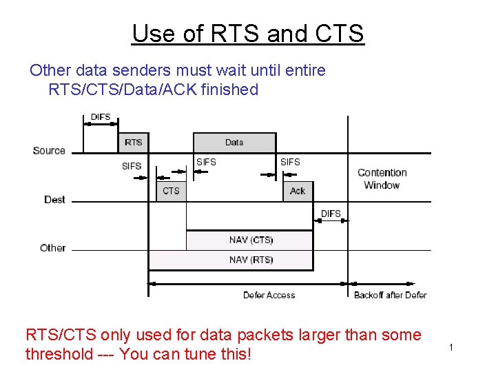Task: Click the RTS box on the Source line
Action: (x=134, y=143)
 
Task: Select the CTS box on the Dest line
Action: (x=171, y=191)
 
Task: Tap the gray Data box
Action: (x=234, y=143)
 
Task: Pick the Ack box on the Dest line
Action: (x=298, y=191)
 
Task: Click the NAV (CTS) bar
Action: (x=251, y=240)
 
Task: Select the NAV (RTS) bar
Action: (x=251, y=260)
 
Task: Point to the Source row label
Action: (x=49, y=150)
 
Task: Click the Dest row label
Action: (x=54, y=199)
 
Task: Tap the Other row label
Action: (x=53, y=247)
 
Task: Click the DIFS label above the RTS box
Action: (x=101, y=117)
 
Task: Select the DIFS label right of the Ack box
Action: (x=331, y=214)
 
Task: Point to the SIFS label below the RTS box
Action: (x=132, y=166)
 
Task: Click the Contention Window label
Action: (x=382, y=178)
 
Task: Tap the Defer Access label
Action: (x=269, y=295)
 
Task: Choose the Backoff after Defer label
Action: (x=390, y=295)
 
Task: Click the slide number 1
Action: (x=451, y=347)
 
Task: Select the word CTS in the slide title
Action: (x=338, y=33)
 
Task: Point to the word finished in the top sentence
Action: (x=229, y=90)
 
